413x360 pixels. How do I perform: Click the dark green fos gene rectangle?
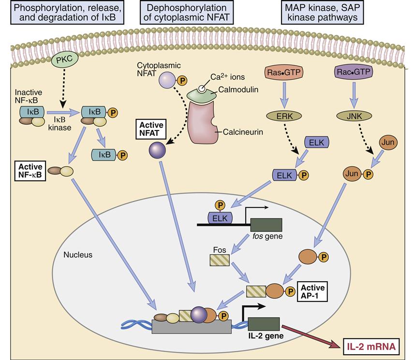[266, 225]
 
